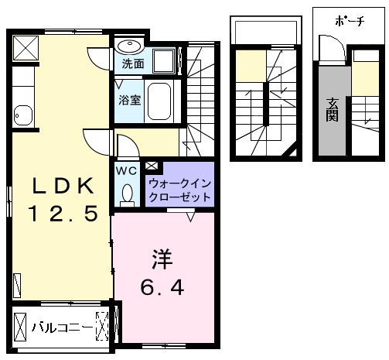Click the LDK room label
[x=63, y=186]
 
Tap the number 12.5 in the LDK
[x=63, y=213]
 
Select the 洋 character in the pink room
[x=162, y=259]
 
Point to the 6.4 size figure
[x=162, y=287]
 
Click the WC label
[x=126, y=170]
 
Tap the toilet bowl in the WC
[x=127, y=194]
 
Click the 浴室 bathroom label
[x=130, y=100]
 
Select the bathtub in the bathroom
[x=159, y=101]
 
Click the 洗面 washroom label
[x=133, y=63]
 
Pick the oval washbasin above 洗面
[x=131, y=46]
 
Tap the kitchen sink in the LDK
[x=23, y=115]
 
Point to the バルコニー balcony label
[x=62, y=327]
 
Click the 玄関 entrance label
[x=332, y=110]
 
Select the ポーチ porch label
[x=350, y=21]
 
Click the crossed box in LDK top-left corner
[x=26, y=48]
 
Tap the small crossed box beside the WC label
[x=152, y=166]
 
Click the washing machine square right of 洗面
[x=164, y=61]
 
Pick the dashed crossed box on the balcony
[x=102, y=326]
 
